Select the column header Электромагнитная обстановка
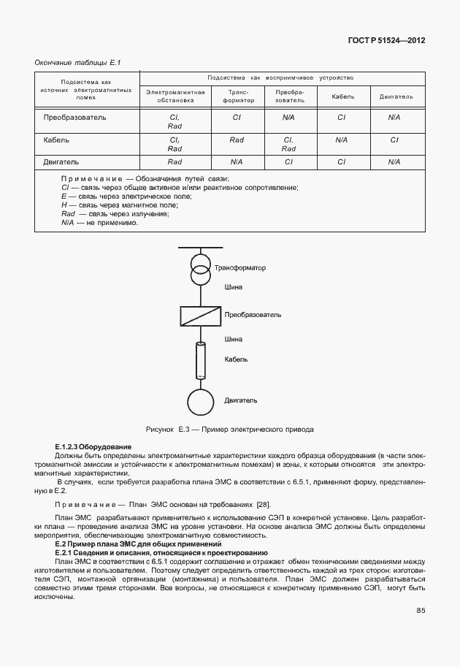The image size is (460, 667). tap(175, 96)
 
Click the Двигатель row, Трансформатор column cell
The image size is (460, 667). tap(237, 161)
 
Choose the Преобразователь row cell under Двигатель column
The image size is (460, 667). tap(394, 117)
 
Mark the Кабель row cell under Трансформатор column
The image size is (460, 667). tap(237, 139)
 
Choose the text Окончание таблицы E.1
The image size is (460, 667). tap(77, 63)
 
